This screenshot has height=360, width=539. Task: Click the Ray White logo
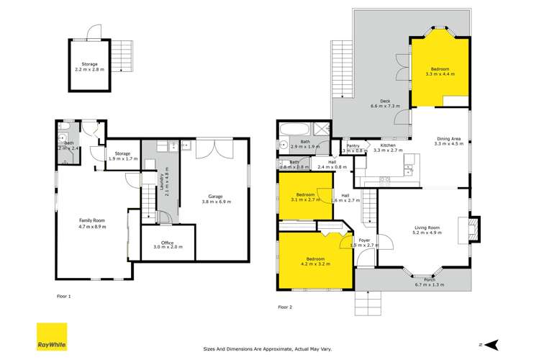coord(52,336)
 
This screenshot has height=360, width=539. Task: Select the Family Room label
coord(92,223)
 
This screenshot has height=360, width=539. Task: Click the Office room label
coord(168,243)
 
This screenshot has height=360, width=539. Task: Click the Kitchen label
coord(384,148)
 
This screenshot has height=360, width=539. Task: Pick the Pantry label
coord(353,148)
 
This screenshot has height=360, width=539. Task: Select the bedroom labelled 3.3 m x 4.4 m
coord(439,71)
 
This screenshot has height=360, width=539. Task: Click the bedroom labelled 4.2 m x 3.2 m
coord(314,261)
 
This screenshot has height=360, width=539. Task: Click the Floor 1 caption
coord(64,296)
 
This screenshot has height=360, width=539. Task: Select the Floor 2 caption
coord(286,307)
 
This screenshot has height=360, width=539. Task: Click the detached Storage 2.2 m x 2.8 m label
coord(89,67)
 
